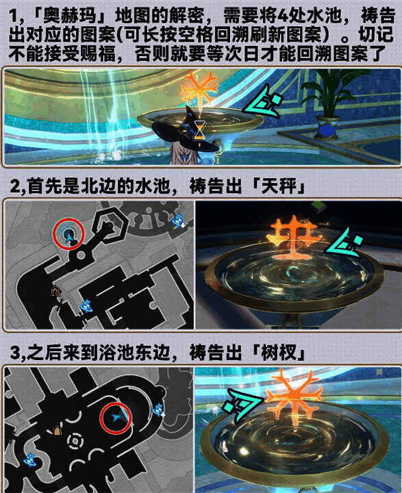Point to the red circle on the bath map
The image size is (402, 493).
coord(115,418)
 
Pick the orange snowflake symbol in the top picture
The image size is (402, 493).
coord(199,87)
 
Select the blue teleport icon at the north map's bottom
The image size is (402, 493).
coord(86,306)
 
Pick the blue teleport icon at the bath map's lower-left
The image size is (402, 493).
coord(29,458)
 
